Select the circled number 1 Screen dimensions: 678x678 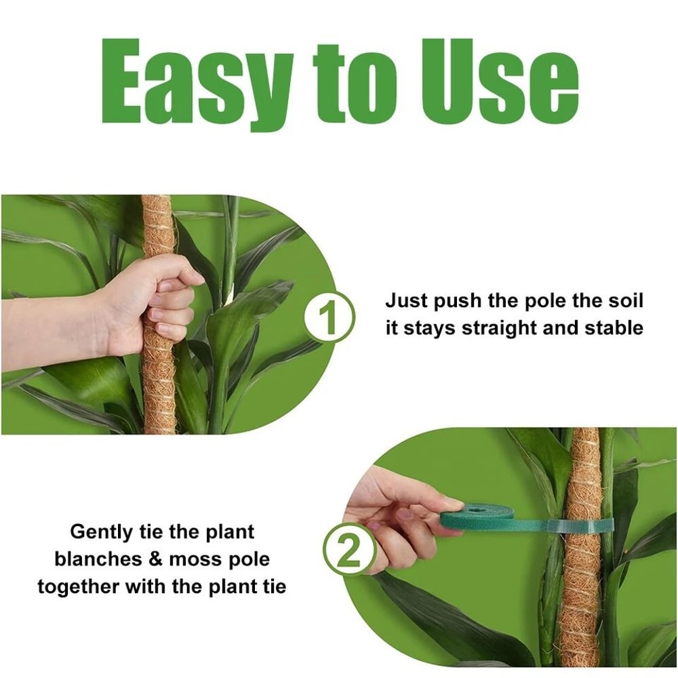pos(328,317)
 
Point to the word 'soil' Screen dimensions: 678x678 pos(622,300)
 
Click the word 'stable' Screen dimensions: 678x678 pos(612,328)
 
